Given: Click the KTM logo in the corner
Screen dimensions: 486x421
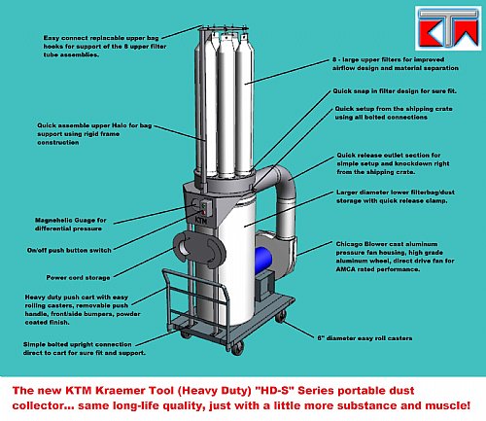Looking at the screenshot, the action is point(448,28).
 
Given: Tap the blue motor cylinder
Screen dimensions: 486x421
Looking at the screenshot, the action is point(263,261).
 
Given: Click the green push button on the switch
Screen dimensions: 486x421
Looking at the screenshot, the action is point(203,205).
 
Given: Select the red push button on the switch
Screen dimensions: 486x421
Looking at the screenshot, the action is point(204,212).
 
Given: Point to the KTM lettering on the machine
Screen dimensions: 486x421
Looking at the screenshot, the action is point(201,221).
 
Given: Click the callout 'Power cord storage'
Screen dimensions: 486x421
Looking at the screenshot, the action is point(78,278).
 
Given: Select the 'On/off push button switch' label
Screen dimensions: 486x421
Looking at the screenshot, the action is point(69,250).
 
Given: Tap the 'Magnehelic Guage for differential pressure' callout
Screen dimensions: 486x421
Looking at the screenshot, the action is point(70,225).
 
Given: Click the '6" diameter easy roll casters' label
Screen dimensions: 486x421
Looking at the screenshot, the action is point(364,338).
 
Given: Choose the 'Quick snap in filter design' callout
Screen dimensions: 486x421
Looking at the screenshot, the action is point(395,91).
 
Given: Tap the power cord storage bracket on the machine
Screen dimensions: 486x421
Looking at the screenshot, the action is point(198,248).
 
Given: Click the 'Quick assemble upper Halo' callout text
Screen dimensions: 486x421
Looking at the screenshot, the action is point(94,134).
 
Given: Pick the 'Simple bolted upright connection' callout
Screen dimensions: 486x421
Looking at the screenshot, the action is point(85,348).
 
